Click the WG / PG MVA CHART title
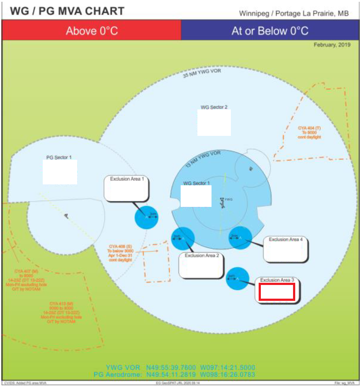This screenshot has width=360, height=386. [x=67, y=11]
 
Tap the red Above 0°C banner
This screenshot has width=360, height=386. [x=92, y=31]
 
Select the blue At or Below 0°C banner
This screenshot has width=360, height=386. [x=270, y=31]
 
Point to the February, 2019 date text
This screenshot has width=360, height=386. [x=332, y=45]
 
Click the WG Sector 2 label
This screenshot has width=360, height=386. [x=214, y=107]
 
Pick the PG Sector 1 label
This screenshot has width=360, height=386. [x=59, y=157]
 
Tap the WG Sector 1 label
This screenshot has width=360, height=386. [x=197, y=183]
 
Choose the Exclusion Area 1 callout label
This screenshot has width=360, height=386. [x=127, y=179]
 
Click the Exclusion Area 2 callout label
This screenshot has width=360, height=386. [x=202, y=255]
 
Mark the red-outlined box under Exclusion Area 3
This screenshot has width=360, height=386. [x=276, y=292]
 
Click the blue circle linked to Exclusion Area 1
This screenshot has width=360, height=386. [x=146, y=217]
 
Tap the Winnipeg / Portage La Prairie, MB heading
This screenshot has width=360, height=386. [x=294, y=13]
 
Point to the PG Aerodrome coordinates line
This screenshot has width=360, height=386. [x=174, y=375]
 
